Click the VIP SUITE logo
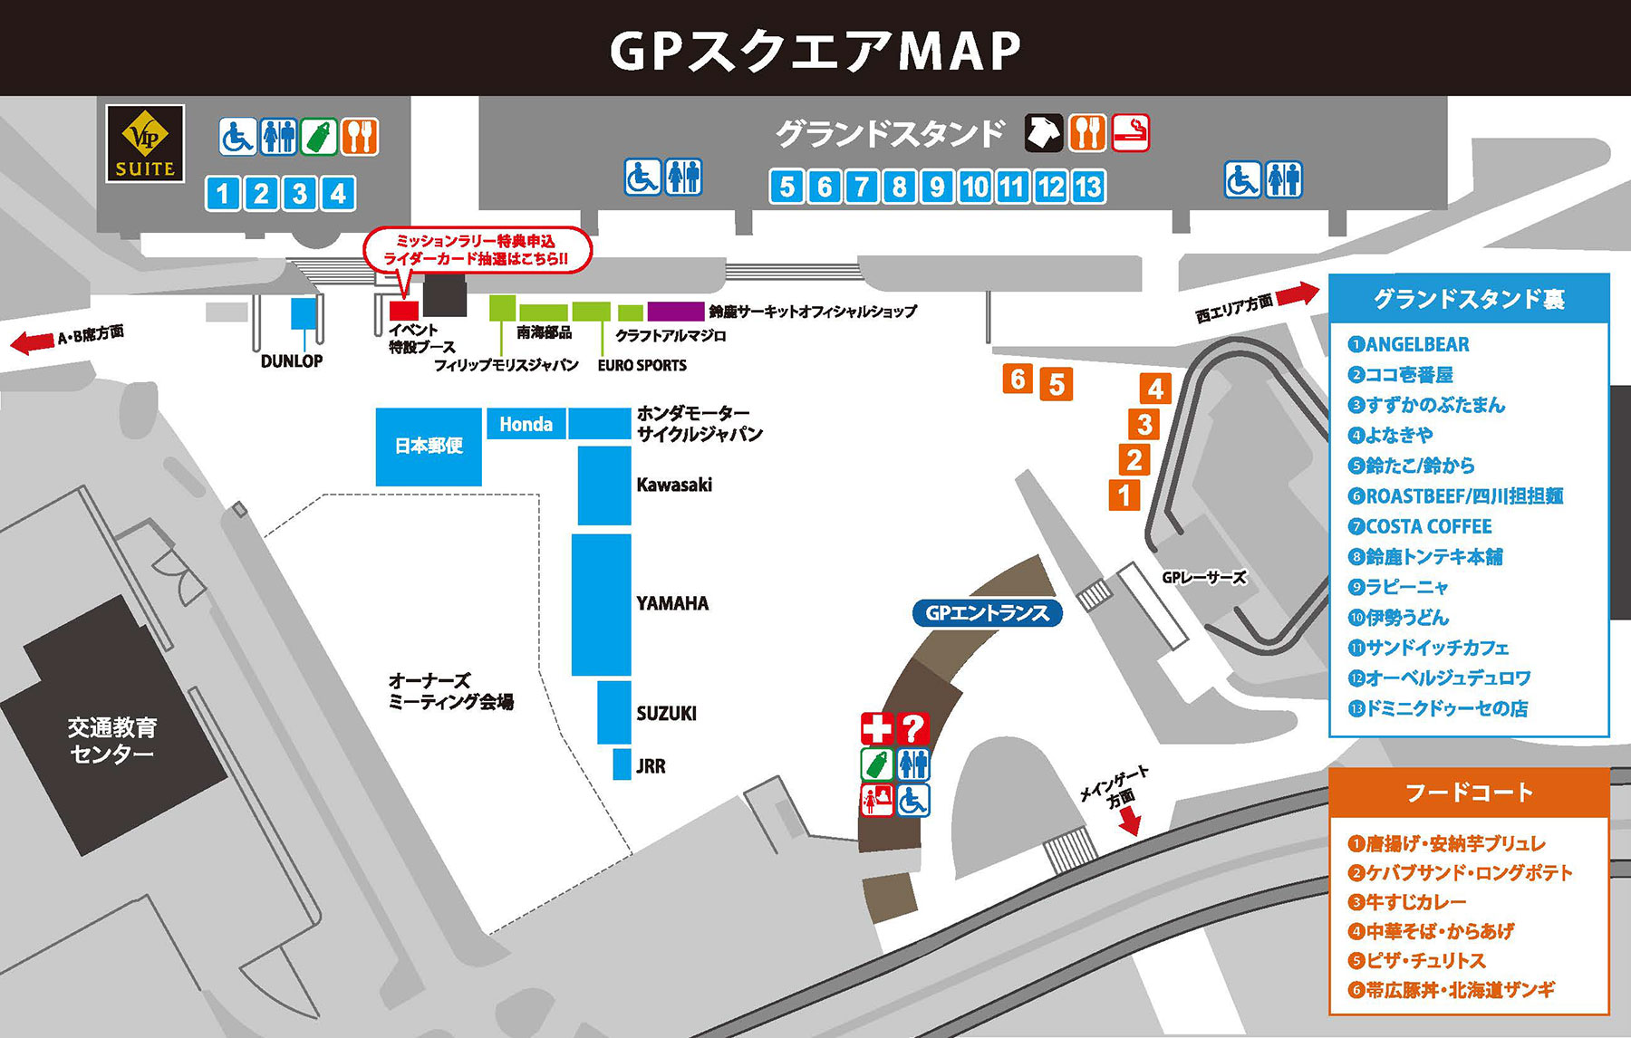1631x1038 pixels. point(145,143)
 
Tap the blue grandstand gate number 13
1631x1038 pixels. point(1087,187)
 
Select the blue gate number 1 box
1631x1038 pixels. point(223,193)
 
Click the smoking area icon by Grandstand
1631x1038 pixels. point(1130,133)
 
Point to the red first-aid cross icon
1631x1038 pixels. point(876,728)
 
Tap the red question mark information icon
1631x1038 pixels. point(912,728)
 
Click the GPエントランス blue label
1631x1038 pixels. point(987,613)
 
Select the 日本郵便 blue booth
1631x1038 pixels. point(429,446)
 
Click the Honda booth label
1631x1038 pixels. point(526,424)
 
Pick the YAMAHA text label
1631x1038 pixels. point(672,603)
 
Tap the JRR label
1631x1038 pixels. point(651,766)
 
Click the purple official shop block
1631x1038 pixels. point(675,312)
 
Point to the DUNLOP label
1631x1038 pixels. point(291,360)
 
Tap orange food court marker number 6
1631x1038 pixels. point(1018,379)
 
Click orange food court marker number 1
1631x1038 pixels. point(1124,495)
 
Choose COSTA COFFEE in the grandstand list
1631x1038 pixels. point(1428,526)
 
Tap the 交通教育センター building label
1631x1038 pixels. point(112,740)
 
